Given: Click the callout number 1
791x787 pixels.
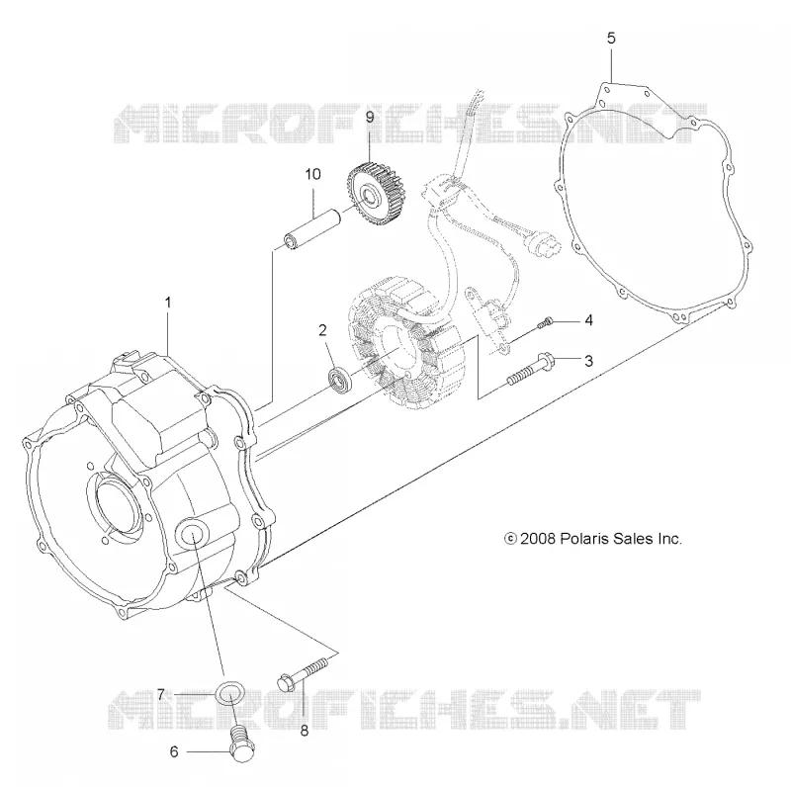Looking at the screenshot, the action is tap(168, 303).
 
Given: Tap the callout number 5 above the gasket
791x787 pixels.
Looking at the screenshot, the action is tap(611, 39).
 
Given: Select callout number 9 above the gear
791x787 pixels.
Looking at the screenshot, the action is tap(370, 118).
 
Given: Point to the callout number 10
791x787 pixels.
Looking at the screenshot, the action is tap(312, 174).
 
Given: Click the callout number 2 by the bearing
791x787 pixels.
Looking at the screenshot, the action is tap(322, 330).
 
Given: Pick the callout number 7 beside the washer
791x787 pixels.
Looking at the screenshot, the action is tap(160, 695).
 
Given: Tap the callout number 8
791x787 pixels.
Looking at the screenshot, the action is tap(305, 731).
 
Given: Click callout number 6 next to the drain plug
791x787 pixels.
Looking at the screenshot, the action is tap(174, 751).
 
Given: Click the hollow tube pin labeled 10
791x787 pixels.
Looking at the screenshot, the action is tap(312, 231).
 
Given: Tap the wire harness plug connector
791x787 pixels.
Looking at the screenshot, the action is tap(540, 242).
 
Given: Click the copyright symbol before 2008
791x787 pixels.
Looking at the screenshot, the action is tap(510, 539).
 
